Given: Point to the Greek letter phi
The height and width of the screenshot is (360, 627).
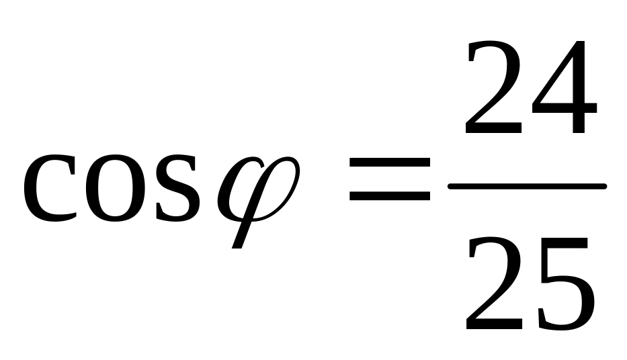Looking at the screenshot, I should [x=255, y=195].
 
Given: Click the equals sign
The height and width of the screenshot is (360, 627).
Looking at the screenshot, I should [x=390, y=179].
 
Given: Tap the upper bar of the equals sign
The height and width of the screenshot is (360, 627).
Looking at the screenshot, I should [x=390, y=161].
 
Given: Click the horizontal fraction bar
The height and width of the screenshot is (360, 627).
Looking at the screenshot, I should [x=528, y=186].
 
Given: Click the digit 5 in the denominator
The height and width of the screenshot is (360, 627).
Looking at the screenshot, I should [x=563, y=285].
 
